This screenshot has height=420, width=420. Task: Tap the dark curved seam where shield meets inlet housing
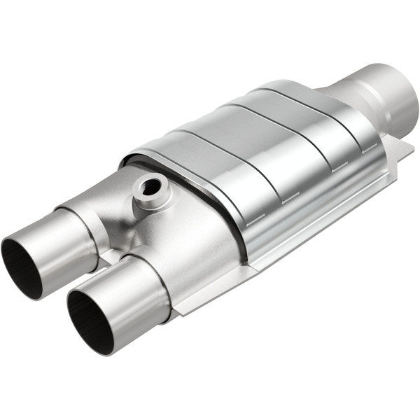(210, 203)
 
